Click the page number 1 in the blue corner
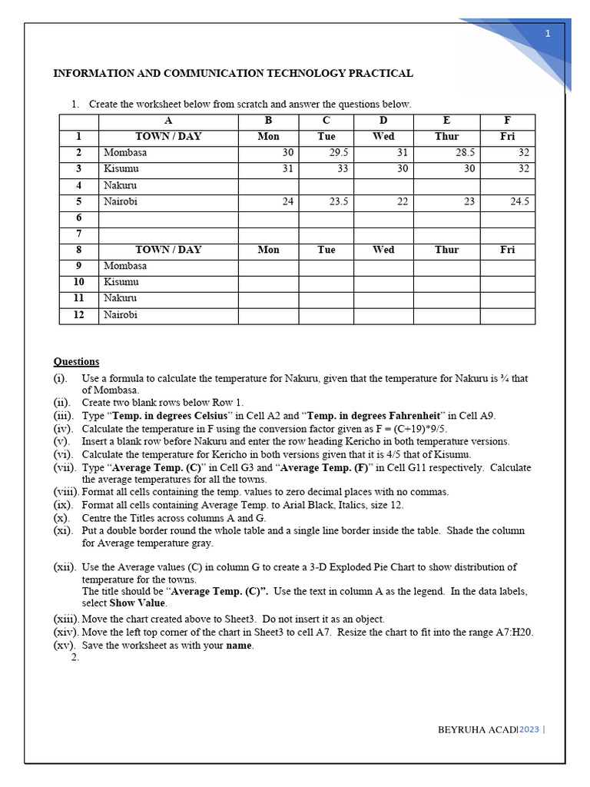click(548, 34)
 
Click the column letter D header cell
click(383, 121)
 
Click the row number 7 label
click(78, 234)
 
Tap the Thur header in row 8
click(446, 250)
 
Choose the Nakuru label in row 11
click(120, 298)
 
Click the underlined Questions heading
click(76, 362)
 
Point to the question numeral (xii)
click(64, 567)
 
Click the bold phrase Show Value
click(138, 603)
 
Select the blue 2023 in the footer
click(529, 729)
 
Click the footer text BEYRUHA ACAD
click(476, 729)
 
